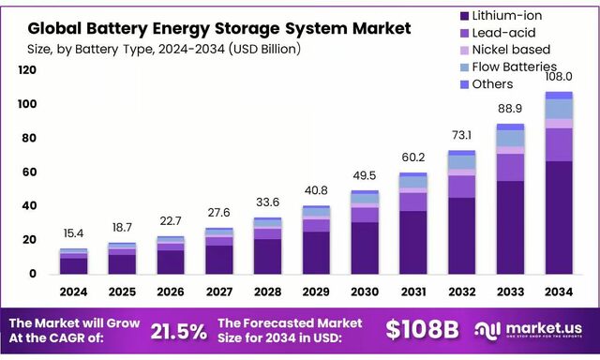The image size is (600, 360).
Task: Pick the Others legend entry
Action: (493, 84)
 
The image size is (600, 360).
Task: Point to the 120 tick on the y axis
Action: (27, 70)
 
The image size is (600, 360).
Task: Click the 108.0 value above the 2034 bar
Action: (558, 81)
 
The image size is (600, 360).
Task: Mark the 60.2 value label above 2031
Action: (412, 157)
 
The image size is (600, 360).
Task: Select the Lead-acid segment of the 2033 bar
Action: (510, 167)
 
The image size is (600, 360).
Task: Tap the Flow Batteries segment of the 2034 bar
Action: (558, 109)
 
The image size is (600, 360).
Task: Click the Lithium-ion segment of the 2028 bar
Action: (267, 256)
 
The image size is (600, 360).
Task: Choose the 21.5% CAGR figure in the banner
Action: (178, 331)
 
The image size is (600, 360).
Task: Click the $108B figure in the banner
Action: (422, 330)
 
